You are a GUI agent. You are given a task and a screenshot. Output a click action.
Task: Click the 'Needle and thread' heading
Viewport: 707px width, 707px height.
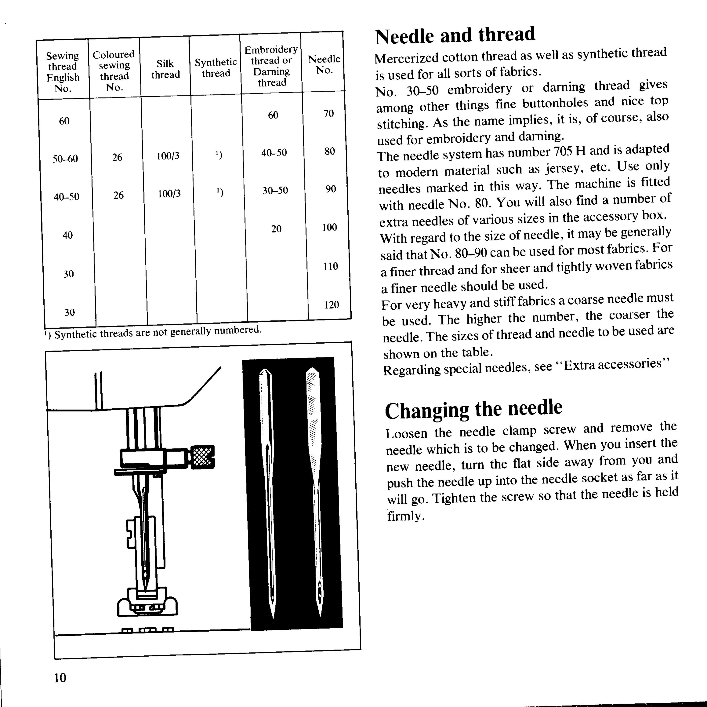click(455, 36)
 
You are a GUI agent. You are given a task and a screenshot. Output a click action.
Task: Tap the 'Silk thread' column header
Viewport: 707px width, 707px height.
click(165, 69)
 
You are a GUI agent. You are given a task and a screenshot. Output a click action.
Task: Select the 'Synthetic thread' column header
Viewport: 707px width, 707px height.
click(216, 68)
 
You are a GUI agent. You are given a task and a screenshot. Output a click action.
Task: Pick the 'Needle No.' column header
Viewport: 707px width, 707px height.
click(324, 64)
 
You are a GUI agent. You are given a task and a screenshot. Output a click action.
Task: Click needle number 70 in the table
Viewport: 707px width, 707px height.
click(329, 114)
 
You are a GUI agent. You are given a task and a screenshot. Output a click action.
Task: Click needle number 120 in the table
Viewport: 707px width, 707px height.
click(332, 304)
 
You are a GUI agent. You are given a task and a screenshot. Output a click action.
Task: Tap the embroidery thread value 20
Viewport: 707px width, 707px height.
click(276, 229)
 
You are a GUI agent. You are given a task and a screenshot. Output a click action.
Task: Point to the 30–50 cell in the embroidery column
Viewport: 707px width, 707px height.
click(275, 190)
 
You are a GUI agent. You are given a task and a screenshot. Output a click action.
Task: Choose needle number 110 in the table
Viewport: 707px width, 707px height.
click(330, 266)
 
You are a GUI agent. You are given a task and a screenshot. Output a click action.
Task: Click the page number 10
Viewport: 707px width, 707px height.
click(60, 678)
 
